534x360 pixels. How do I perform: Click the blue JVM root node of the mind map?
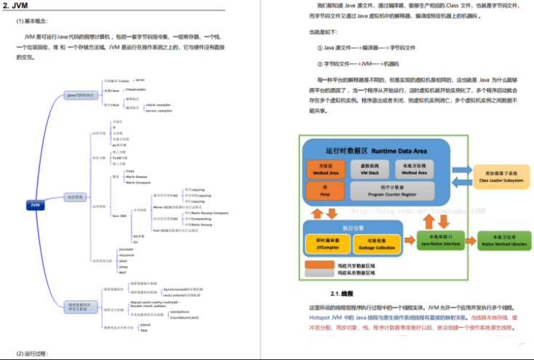click(x=34, y=205)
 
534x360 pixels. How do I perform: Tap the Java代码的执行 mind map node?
click(x=81, y=95)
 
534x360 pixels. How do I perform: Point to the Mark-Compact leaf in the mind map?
click(x=139, y=183)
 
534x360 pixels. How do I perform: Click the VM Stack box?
click(x=372, y=169)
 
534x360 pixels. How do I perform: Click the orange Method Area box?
click(x=319, y=169)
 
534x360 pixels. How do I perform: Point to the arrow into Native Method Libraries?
click(x=468, y=239)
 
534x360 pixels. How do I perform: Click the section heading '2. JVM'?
click(x=16, y=6)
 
